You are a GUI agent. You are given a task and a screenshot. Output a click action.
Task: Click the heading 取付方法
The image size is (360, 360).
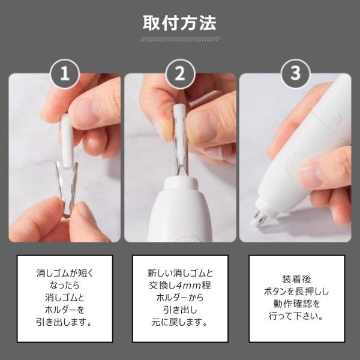tap(179, 23)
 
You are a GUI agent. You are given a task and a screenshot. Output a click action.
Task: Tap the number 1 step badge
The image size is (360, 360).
tap(65, 74)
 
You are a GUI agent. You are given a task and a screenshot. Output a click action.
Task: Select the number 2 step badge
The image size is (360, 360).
tap(180, 74)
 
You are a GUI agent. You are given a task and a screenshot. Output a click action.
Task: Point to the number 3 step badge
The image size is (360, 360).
tap(295, 74)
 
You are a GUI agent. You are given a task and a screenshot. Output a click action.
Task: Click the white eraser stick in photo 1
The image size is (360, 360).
tap(67, 141)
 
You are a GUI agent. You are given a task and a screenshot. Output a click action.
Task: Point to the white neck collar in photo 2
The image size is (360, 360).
tap(181, 183)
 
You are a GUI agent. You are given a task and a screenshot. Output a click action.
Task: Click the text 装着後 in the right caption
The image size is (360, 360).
tap(296, 280)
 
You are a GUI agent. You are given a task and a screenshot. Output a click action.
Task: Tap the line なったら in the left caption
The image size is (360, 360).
tap(65, 286)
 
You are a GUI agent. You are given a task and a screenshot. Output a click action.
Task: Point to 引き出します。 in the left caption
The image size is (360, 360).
tap(64, 322)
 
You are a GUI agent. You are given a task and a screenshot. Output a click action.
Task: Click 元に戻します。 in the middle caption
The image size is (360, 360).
tap(179, 322)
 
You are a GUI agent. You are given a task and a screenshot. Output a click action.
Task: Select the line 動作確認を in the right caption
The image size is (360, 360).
tap(296, 304)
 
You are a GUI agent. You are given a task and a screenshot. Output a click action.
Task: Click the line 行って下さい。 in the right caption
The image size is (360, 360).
tap(296, 316)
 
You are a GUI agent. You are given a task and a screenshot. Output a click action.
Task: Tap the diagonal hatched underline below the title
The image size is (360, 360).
tap(179, 39)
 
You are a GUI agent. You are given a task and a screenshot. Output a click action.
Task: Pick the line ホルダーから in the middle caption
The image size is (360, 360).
tap(180, 298)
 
